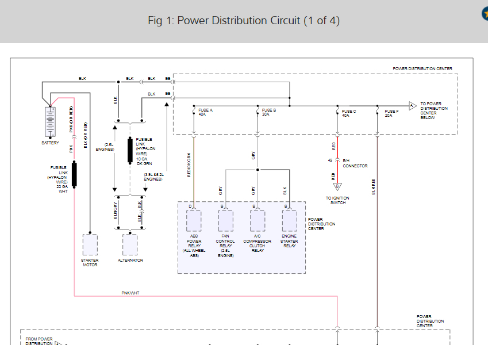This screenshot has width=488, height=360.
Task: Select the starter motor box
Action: point(90,244)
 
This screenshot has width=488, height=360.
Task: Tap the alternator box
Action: point(130,244)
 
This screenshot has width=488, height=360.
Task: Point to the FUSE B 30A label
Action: point(268,112)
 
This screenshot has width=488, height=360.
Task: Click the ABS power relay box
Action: point(194,220)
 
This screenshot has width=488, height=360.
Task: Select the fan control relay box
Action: point(225,220)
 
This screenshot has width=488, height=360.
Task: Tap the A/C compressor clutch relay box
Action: point(258,220)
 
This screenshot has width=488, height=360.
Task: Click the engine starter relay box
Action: point(289,220)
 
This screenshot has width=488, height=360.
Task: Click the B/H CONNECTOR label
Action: point(355,163)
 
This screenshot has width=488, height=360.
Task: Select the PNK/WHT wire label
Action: point(130,293)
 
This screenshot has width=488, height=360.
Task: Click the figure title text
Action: point(244,21)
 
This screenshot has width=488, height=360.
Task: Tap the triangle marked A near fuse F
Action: point(412,106)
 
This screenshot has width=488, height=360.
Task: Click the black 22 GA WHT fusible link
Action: point(74,175)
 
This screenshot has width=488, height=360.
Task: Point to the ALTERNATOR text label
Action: point(130,261)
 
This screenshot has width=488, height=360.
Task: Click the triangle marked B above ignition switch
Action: point(338,186)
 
